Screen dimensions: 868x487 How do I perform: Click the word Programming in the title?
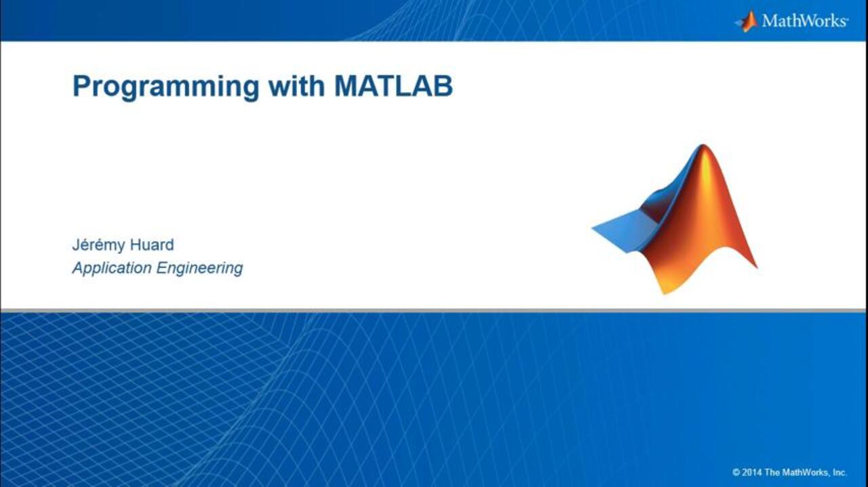pyautogui.click(x=166, y=88)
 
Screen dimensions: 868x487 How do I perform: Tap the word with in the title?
pyautogui.click(x=297, y=85)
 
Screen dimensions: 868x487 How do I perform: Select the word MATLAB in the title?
pyautogui.click(x=393, y=86)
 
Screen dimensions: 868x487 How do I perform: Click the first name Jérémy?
pyautogui.click(x=98, y=246)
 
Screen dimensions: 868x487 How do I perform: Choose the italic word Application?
pyautogui.click(x=112, y=268)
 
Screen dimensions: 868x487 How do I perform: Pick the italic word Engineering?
pyautogui.click(x=200, y=268)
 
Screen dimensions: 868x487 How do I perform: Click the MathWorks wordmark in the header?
pyautogui.click(x=805, y=20)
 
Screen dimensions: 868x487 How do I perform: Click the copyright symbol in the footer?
pyautogui.click(x=736, y=472)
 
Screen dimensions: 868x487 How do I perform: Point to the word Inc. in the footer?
pyautogui.click(x=840, y=472)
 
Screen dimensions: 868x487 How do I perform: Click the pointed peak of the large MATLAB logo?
pyautogui.click(x=703, y=145)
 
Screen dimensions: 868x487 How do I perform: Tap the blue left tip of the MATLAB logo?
pyautogui.click(x=593, y=229)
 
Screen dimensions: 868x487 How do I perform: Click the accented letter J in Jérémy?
pyautogui.click(x=76, y=245)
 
